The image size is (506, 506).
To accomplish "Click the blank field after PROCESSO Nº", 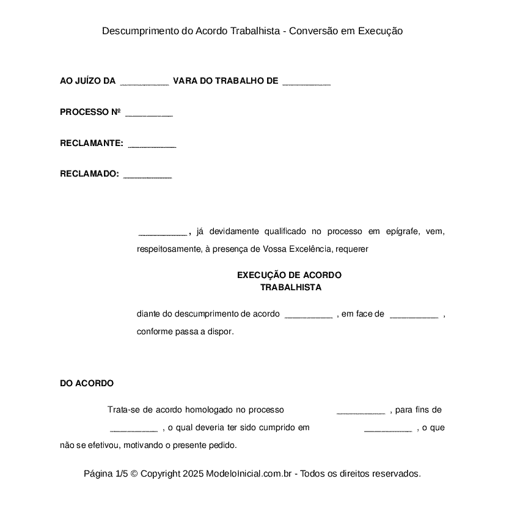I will tap(148, 113).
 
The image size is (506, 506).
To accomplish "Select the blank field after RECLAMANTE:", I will tap(152, 144).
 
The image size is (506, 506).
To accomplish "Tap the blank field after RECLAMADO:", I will tap(147, 175).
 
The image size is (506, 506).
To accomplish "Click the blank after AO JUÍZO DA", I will tap(144, 82).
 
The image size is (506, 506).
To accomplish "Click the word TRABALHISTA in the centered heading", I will tap(291, 287).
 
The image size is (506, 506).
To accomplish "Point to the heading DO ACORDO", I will tap(87, 384).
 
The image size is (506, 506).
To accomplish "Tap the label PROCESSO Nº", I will tap(90, 112).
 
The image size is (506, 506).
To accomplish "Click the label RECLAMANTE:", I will tap(92, 144).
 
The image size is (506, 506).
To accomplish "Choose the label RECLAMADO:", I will tap(89, 174).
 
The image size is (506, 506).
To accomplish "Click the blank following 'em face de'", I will tap(414, 315).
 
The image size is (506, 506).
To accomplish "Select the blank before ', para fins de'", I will tap(361, 411).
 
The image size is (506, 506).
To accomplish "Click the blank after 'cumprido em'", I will tap(388, 429).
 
